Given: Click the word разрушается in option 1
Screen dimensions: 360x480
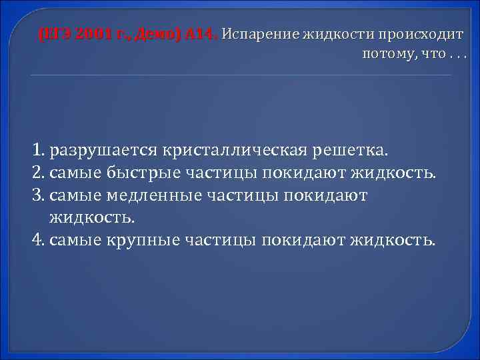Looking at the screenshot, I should click(x=105, y=151).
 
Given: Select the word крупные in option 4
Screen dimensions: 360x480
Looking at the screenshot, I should click(x=136, y=239).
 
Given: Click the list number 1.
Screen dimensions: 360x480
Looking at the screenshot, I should click(x=37, y=151).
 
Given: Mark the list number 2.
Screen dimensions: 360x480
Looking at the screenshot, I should click(x=37, y=173).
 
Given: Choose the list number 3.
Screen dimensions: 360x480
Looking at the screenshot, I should click(x=37, y=195).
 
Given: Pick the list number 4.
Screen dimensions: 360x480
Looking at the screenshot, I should click(x=37, y=239).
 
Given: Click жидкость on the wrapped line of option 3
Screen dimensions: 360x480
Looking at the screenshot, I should click(x=91, y=217).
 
